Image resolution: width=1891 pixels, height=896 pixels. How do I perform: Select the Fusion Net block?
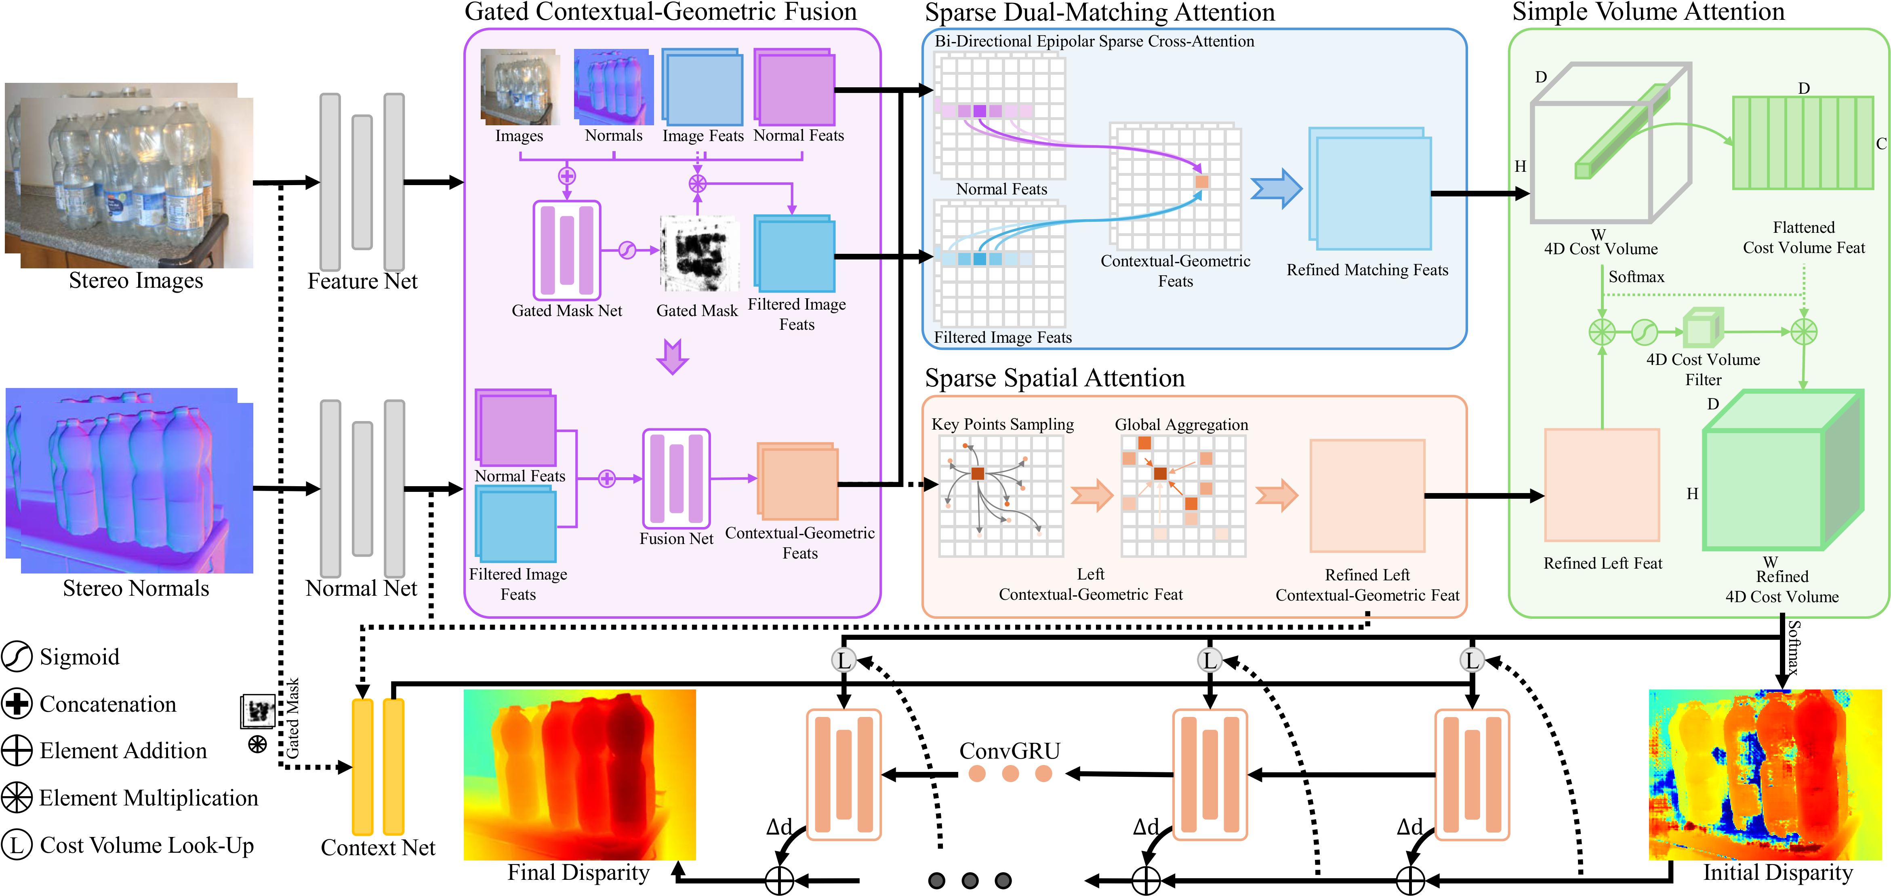click(676, 478)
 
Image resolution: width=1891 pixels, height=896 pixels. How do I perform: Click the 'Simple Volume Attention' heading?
click(1648, 13)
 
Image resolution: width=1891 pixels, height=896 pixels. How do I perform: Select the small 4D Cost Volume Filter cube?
click(1702, 328)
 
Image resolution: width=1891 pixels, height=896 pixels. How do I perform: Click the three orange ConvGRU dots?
click(1010, 773)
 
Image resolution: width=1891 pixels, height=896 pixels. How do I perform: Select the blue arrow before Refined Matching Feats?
click(1276, 189)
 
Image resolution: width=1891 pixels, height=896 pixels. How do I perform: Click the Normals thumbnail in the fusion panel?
click(613, 86)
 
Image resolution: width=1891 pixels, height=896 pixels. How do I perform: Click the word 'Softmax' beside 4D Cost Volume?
click(1636, 277)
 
